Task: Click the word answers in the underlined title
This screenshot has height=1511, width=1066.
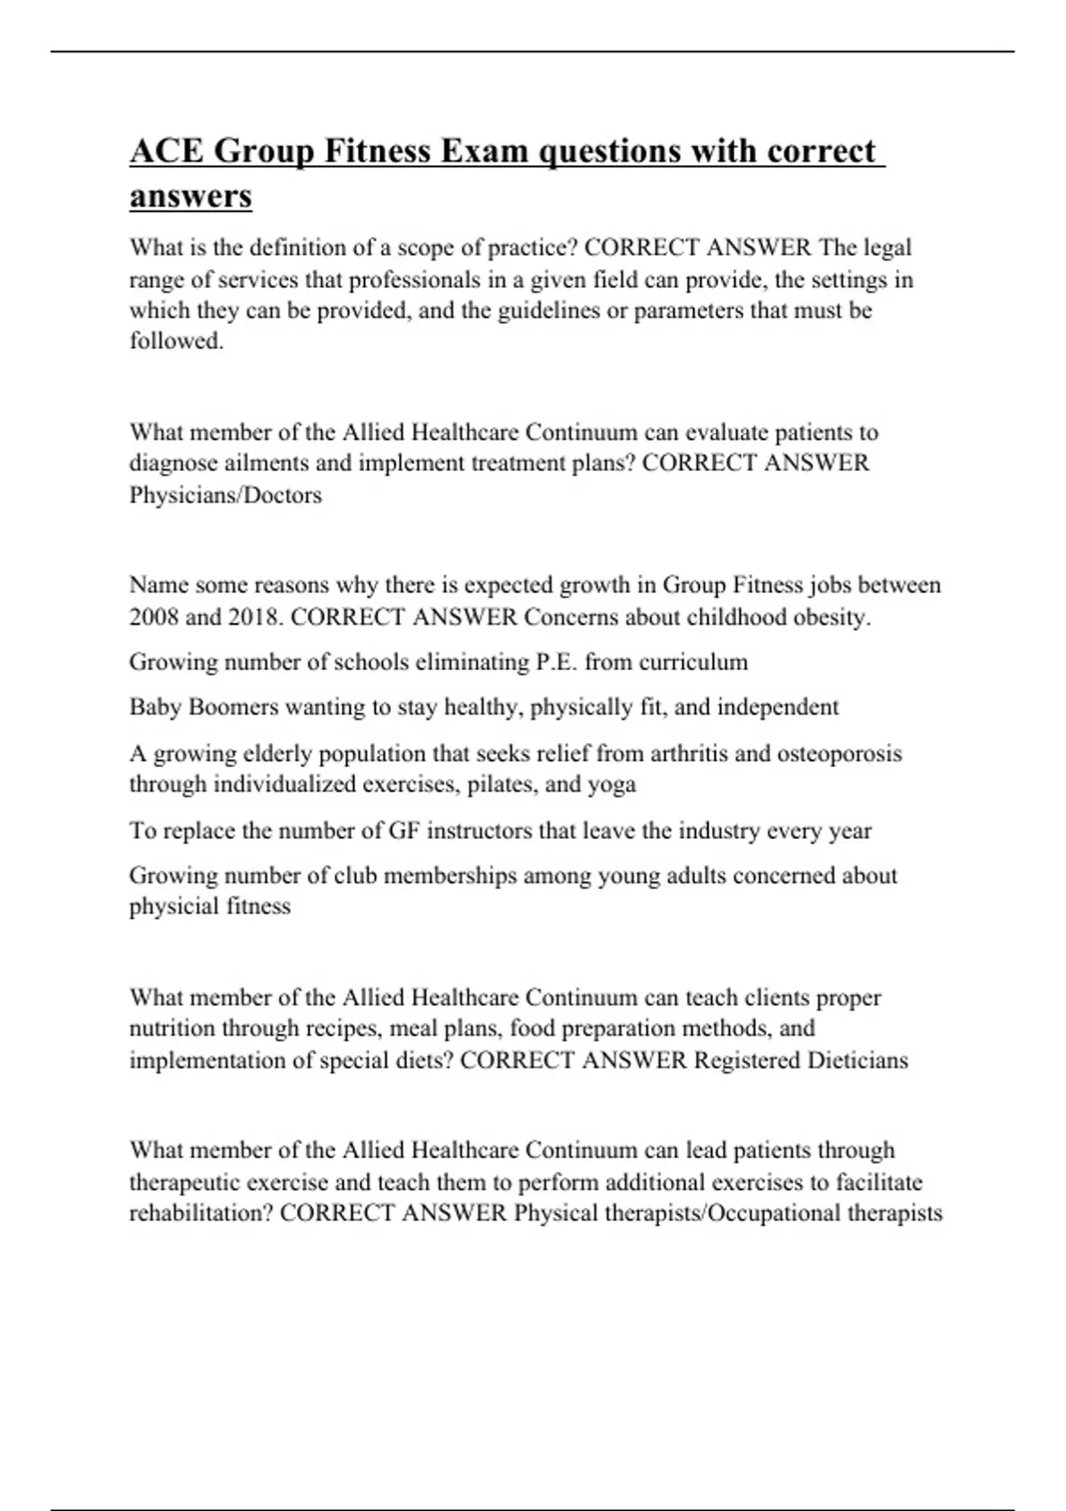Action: (x=190, y=196)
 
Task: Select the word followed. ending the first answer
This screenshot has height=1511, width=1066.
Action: (x=176, y=341)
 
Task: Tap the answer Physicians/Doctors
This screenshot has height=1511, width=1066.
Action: (x=226, y=495)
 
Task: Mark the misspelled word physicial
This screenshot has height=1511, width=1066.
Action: (x=172, y=907)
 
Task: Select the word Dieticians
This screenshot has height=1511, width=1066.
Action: (x=857, y=1060)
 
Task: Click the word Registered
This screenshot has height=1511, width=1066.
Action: (x=746, y=1060)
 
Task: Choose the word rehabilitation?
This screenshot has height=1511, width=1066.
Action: (x=201, y=1213)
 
